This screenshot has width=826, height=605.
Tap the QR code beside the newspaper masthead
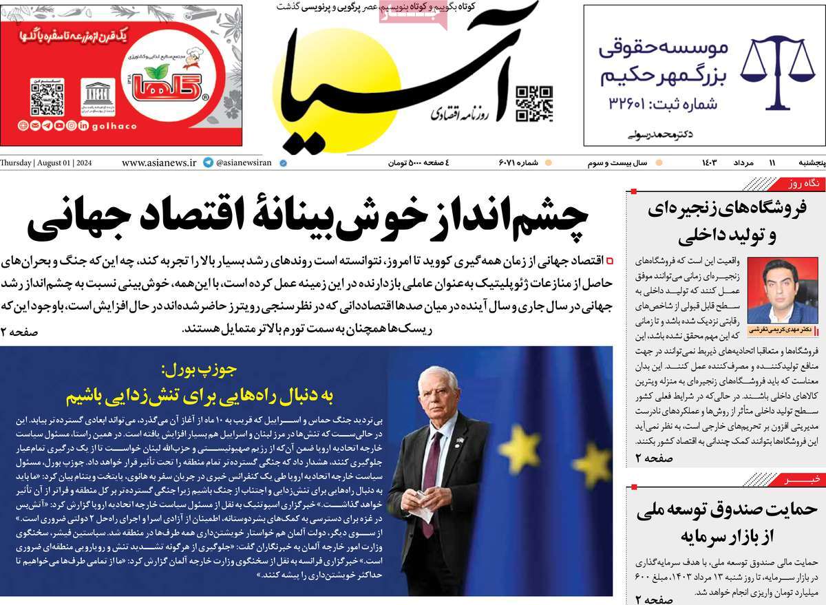click(534, 103)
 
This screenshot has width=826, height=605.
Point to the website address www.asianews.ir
click(160, 163)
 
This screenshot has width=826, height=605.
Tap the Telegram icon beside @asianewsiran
click(209, 163)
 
